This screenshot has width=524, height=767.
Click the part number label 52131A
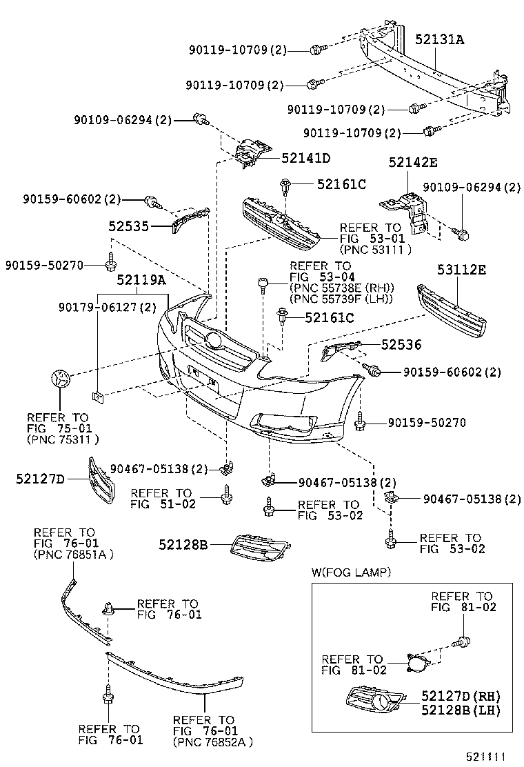coord(439,40)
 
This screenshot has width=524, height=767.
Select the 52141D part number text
coord(305,159)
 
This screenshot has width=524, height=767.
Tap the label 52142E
coord(413,163)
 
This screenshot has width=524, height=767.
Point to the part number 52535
coord(128,226)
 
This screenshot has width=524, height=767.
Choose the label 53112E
coord(461,270)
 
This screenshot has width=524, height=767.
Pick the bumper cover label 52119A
coord(141,280)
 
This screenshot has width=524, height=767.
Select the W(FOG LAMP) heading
coord(351,572)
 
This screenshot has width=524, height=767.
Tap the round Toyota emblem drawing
coord(61,379)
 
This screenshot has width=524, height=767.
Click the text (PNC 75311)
coord(63,439)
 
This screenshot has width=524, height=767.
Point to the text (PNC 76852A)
coord(212,742)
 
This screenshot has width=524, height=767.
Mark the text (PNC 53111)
coord(375,249)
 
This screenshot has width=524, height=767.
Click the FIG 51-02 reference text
coord(163,504)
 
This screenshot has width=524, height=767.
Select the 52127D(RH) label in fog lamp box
coord(461,695)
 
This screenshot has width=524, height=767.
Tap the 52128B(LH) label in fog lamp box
coord(461,708)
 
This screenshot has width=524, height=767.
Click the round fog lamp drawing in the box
coord(417,665)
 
